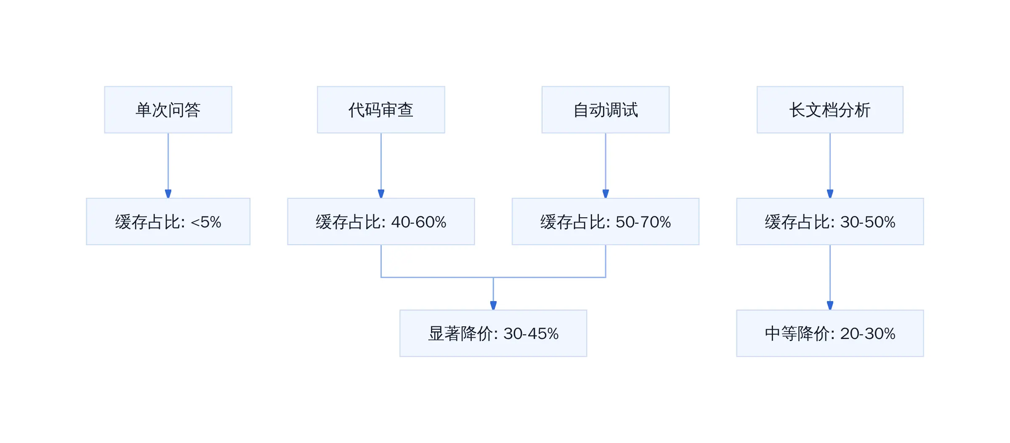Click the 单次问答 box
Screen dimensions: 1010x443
click(168, 110)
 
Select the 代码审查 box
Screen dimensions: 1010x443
click(381, 110)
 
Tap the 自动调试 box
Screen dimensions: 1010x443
click(606, 110)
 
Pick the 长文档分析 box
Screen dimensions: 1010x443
click(830, 110)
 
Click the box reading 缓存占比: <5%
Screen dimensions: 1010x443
click(168, 221)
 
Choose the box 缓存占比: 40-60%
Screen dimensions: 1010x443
click(381, 221)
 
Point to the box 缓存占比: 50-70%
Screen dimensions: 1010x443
click(606, 221)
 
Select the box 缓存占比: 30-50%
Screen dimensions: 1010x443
click(830, 221)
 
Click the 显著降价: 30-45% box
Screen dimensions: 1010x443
click(493, 334)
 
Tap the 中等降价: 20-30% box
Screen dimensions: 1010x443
click(830, 334)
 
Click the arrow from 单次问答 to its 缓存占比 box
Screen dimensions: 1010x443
click(168, 165)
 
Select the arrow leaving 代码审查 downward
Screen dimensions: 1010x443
click(381, 165)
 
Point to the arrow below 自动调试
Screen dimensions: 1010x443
click(606, 165)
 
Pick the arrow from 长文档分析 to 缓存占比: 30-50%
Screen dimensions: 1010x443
click(830, 165)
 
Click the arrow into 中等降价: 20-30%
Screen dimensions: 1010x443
click(830, 278)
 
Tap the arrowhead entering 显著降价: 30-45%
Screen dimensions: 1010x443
click(493, 306)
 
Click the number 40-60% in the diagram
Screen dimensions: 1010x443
click(419, 222)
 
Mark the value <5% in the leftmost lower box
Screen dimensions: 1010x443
click(206, 222)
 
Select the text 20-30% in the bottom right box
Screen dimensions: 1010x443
click(868, 334)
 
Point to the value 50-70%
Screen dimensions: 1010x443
click(643, 222)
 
